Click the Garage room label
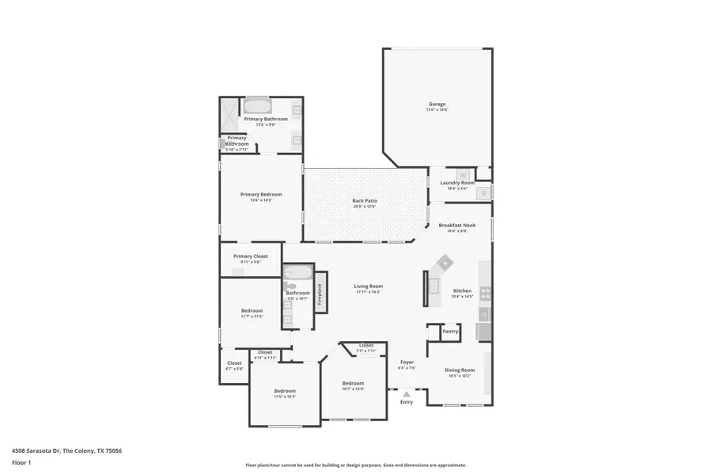(437, 104)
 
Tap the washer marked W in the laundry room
(464, 175)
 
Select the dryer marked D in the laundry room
(483, 192)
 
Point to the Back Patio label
(365, 200)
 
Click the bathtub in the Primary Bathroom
(257, 107)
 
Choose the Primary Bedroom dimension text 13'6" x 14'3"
(261, 200)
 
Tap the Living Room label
(368, 286)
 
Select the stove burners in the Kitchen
(485, 294)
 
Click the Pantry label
(450, 332)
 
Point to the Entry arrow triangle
(406, 393)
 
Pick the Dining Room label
(460, 370)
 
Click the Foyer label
(407, 363)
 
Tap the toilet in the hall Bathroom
(289, 284)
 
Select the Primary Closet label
(250, 256)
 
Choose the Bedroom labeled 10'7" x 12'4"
(353, 383)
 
